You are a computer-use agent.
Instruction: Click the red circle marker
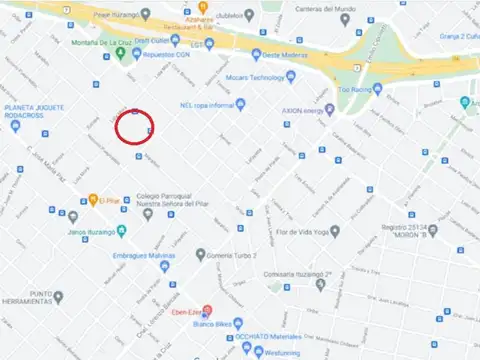pos(133,128)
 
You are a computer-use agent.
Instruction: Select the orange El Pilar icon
pos(92,199)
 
